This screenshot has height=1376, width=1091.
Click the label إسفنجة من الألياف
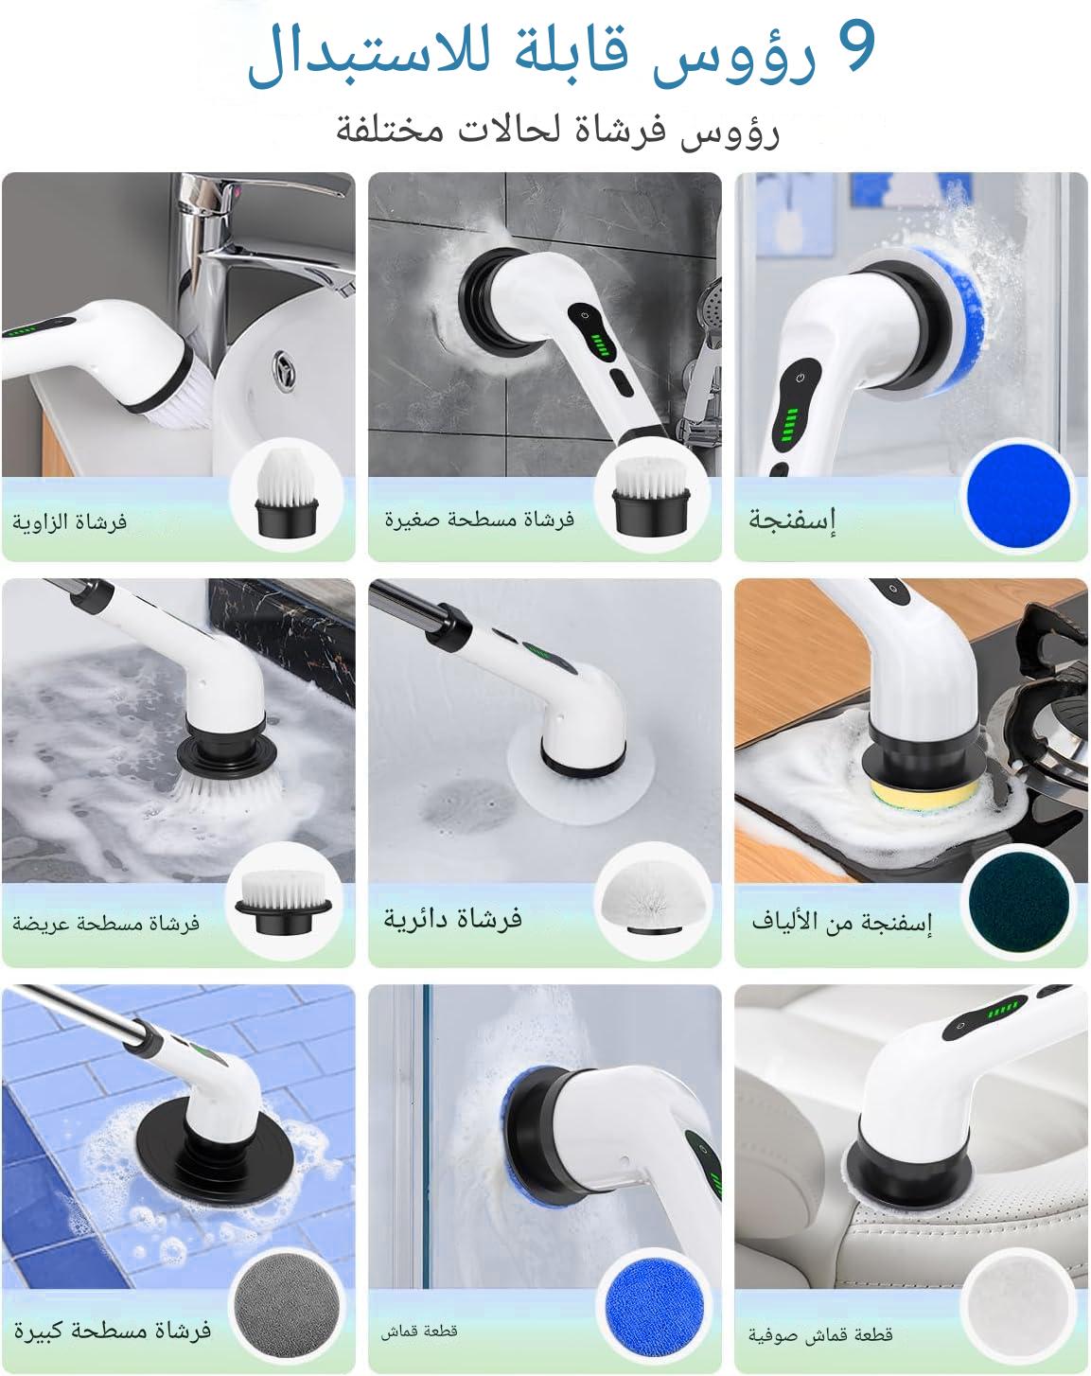[842, 922]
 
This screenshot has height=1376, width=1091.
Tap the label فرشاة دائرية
[453, 918]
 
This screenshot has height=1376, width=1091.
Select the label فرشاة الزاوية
[70, 521]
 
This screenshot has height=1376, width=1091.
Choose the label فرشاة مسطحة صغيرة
[480, 520]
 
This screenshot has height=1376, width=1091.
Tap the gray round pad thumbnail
[286, 1304]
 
